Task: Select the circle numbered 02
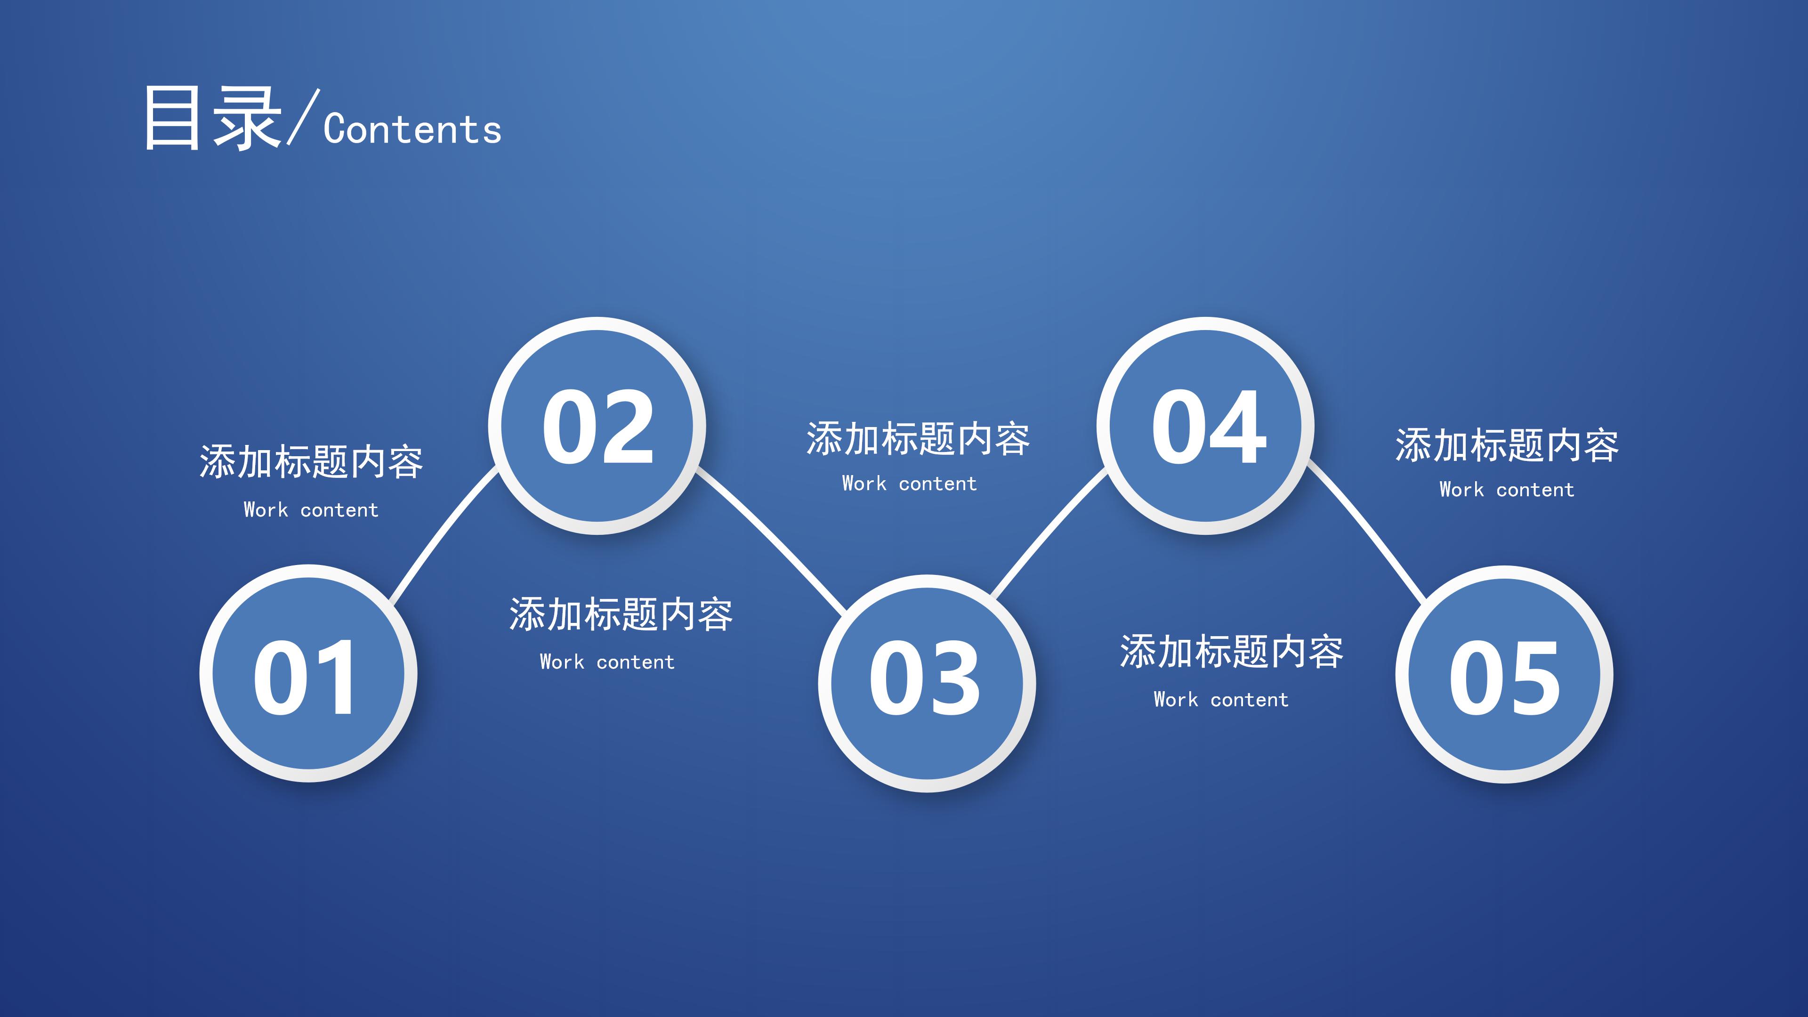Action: [597, 426]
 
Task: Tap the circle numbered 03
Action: [927, 683]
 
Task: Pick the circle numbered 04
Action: [1206, 426]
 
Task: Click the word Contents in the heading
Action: [413, 130]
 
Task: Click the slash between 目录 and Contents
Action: [303, 118]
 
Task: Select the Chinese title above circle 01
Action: [311, 462]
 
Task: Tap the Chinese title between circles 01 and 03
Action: [621, 615]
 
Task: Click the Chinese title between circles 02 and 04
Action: [917, 439]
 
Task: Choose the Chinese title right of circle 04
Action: [1506, 446]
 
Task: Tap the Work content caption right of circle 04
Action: [1506, 490]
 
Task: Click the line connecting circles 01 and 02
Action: [442, 535]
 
